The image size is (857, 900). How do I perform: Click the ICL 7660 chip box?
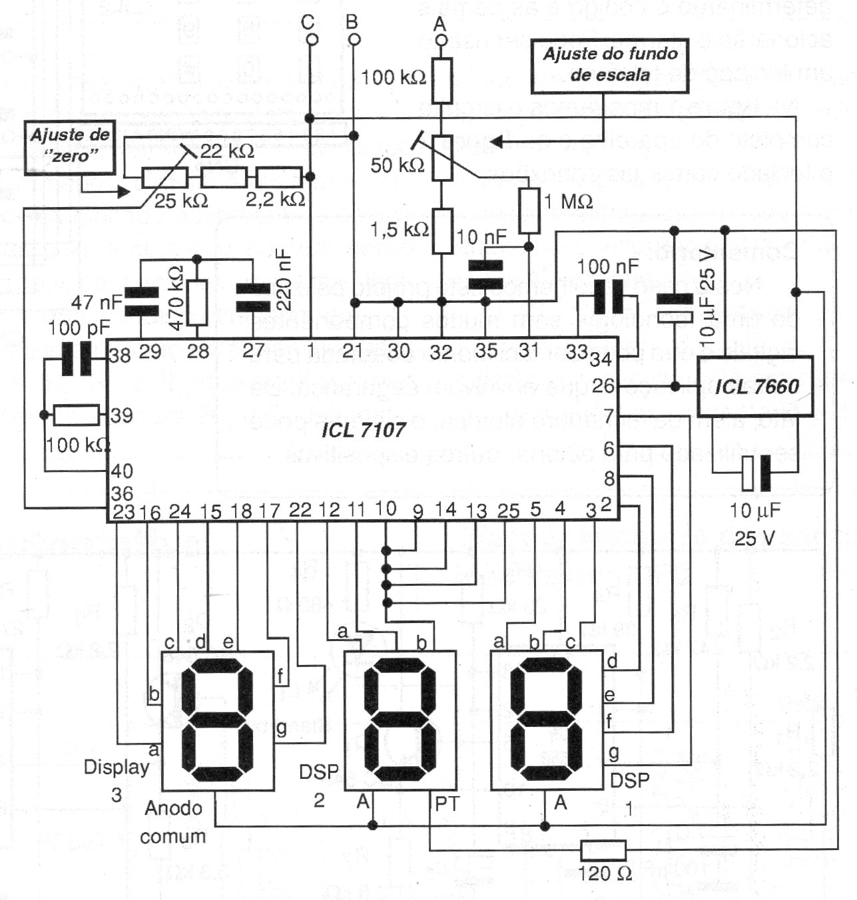[755, 387]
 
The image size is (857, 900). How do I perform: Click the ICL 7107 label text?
[364, 430]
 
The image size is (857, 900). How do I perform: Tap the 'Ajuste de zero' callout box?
[70, 146]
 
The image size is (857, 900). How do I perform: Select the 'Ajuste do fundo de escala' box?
[609, 64]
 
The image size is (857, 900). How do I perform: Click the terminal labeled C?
[310, 40]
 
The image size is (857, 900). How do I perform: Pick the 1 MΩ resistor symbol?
[529, 210]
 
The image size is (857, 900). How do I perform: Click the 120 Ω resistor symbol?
[603, 850]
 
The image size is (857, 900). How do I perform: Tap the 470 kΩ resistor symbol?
[197, 302]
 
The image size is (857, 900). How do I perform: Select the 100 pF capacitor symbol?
[76, 359]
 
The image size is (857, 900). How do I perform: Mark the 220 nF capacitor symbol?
[253, 298]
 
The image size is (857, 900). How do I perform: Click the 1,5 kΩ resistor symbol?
[442, 230]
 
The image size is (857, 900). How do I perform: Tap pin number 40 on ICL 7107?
[122, 471]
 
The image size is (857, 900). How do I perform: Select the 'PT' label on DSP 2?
[446, 804]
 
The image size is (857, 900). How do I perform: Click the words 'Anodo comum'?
[173, 822]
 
